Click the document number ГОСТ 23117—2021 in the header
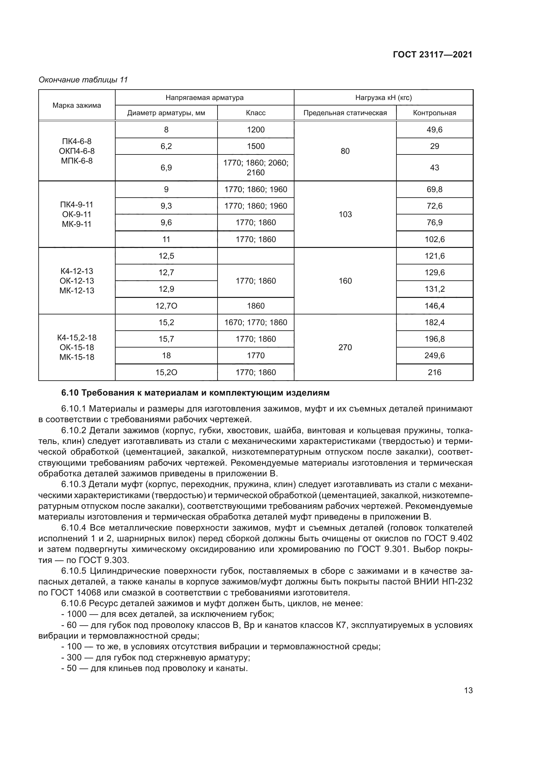point(432,55)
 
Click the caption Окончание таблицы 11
point(83,80)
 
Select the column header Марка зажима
point(77,105)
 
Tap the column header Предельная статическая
point(345,113)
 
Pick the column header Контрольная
point(434,113)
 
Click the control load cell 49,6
point(434,129)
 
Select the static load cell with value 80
point(345,151)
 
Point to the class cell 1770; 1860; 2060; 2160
point(256,167)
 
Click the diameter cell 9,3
point(166,206)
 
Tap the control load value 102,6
point(434,239)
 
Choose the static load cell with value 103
point(345,214)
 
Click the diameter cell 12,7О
point(166,306)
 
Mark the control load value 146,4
point(434,306)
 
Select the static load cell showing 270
point(345,348)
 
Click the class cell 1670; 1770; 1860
point(256,322)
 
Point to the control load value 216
point(434,373)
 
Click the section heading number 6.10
point(70,393)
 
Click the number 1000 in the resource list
point(77,614)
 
